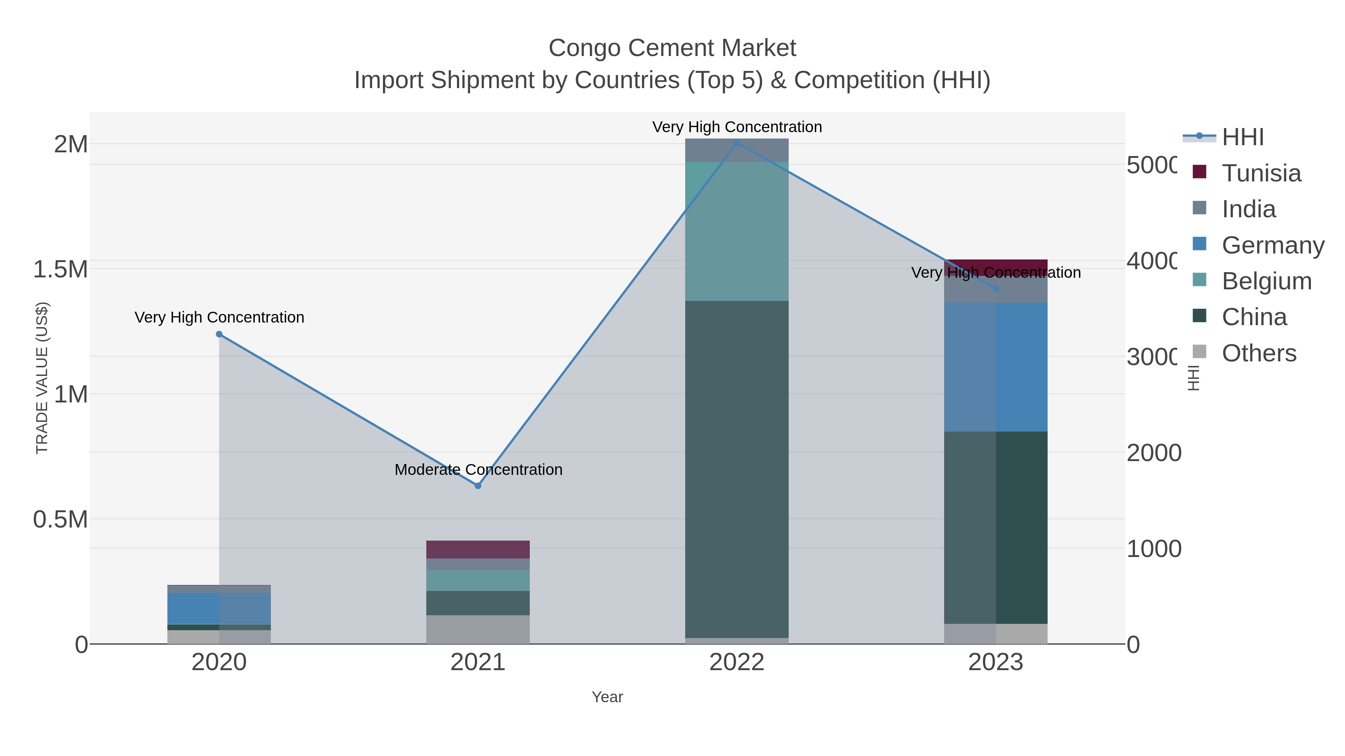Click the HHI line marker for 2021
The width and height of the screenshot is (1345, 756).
(x=478, y=486)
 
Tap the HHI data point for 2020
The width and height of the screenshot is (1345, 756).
(x=219, y=335)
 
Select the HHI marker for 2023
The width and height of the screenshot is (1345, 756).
(x=996, y=289)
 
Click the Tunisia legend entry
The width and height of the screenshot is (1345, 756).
(x=1261, y=173)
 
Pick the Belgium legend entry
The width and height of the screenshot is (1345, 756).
(x=1266, y=281)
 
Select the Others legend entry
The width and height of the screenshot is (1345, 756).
(x=1258, y=353)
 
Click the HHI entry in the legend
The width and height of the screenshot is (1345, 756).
(x=1242, y=137)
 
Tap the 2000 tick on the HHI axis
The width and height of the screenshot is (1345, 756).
(x=1153, y=453)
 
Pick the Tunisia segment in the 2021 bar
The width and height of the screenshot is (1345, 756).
(x=478, y=550)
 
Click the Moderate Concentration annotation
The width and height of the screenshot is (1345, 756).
(x=478, y=470)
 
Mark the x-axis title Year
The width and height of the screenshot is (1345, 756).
(x=607, y=697)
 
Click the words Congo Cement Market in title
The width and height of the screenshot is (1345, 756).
(x=672, y=48)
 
